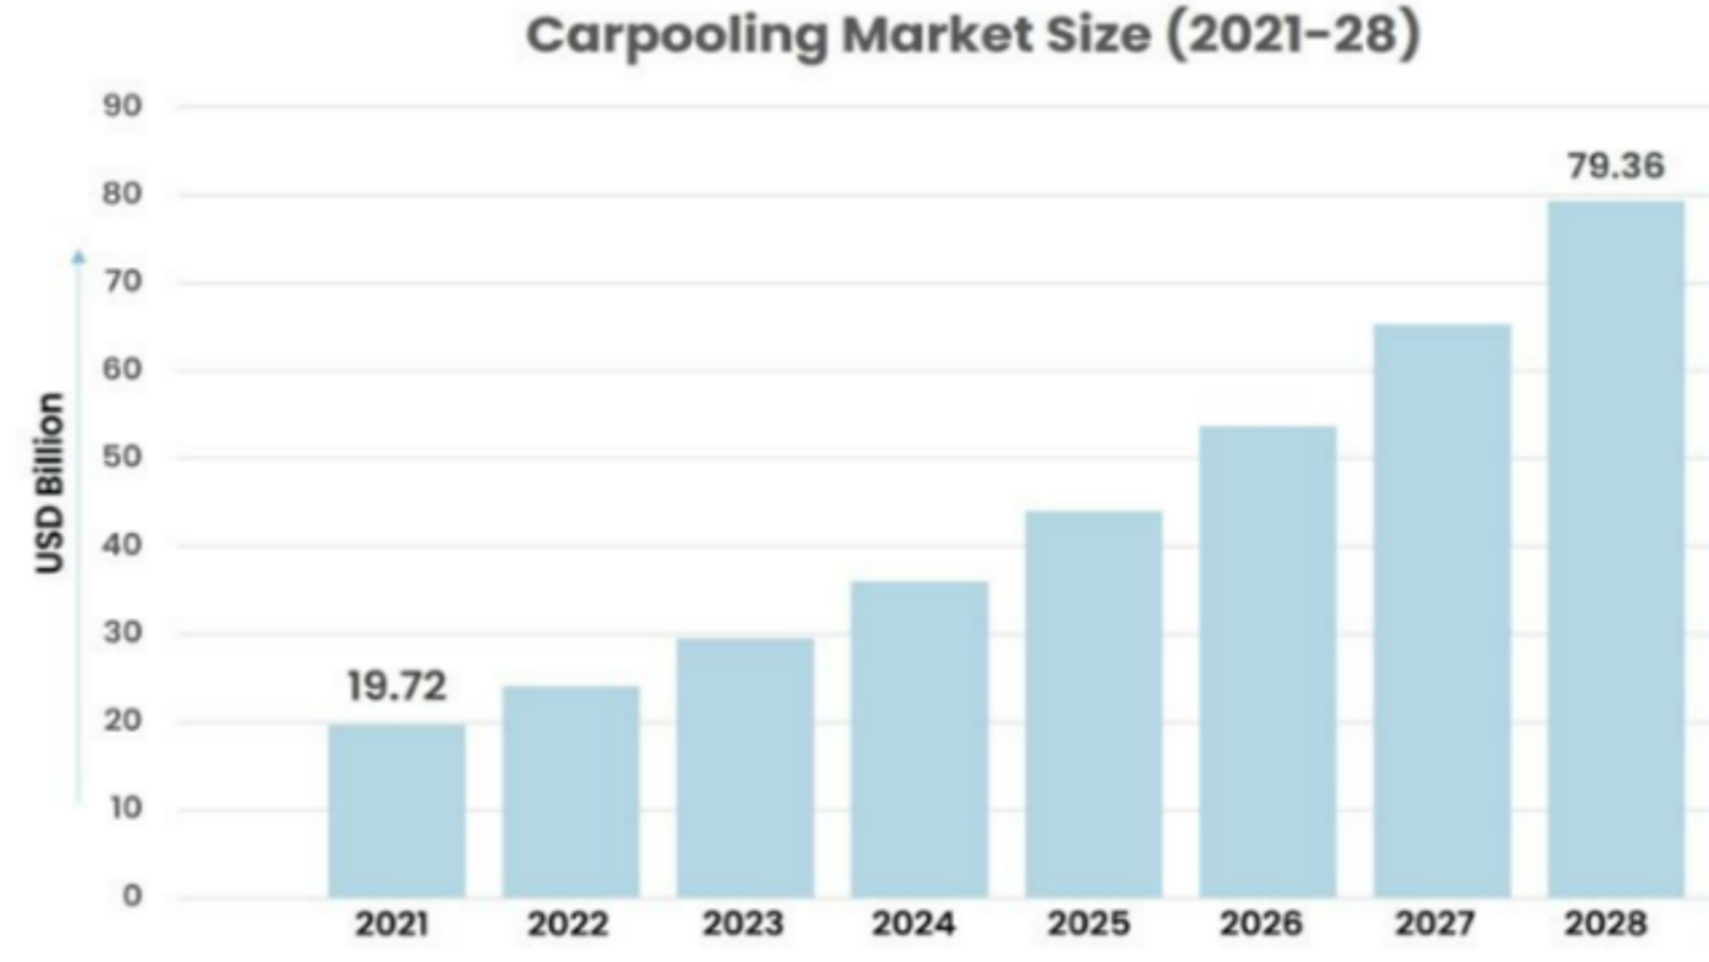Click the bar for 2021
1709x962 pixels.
pos(397,810)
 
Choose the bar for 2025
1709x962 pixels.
pos(1093,704)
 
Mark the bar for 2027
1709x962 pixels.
pos(1442,611)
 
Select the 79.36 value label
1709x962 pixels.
pos(1616,166)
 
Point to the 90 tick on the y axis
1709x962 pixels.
pos(123,106)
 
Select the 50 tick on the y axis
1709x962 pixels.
pos(123,457)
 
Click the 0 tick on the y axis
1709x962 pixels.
pos(132,896)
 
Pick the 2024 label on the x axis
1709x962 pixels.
pos(913,924)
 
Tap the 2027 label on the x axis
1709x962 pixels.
pos(1435,924)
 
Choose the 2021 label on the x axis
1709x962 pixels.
pos(391,924)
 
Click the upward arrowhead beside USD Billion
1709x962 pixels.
pos(79,257)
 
